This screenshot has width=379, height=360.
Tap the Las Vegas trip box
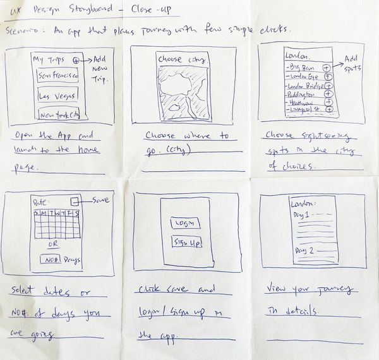[x=57, y=97]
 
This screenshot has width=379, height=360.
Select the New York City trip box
[x=59, y=116]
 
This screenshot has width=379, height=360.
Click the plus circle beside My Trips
[x=76, y=60]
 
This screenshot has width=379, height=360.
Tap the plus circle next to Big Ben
[x=327, y=67]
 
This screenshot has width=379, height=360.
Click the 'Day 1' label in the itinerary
[x=301, y=216]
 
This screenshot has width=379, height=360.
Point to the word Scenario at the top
[x=21, y=30]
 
